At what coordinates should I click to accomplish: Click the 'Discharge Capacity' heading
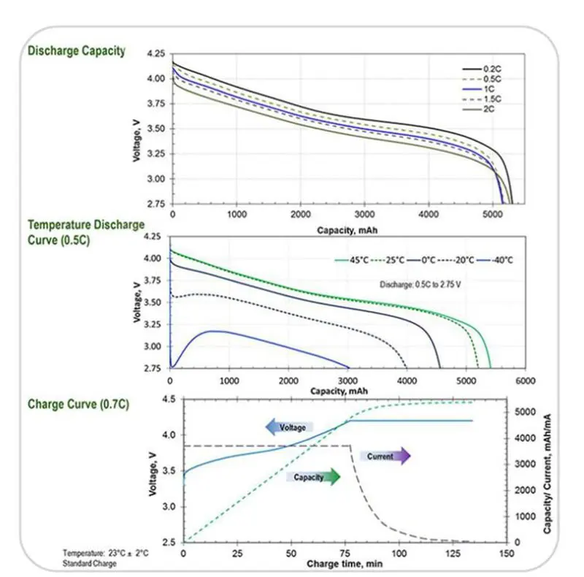point(77,51)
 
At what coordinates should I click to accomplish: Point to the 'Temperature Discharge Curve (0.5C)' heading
point(85,232)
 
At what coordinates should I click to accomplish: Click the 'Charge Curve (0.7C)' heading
point(78,404)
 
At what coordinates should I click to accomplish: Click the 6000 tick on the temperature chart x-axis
point(525,381)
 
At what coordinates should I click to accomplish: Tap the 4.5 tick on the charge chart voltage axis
point(169,399)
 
